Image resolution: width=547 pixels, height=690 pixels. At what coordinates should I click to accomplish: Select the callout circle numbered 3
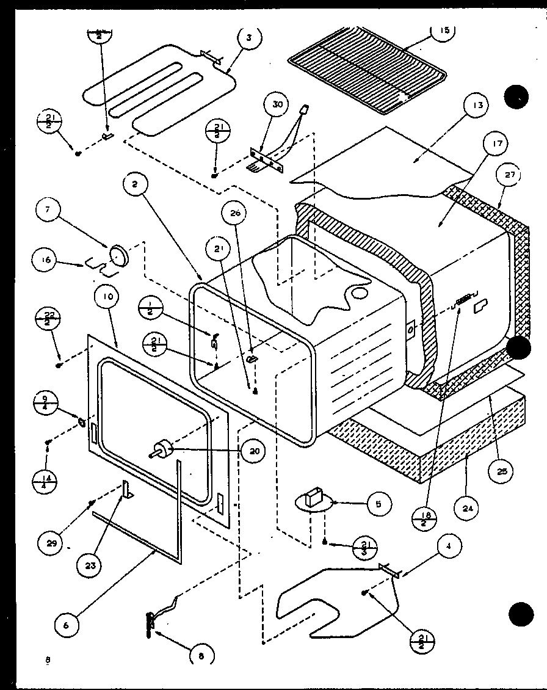[248, 38]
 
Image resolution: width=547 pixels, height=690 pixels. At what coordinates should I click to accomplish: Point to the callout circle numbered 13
[477, 106]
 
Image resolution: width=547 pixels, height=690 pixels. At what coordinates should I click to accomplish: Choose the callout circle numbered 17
[495, 145]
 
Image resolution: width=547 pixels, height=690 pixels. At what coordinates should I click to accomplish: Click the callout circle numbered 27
[510, 175]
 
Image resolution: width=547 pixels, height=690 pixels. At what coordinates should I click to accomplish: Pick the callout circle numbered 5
[379, 504]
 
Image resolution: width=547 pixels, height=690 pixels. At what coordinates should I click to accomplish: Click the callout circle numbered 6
[69, 624]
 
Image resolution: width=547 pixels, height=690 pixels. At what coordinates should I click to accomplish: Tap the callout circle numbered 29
[53, 543]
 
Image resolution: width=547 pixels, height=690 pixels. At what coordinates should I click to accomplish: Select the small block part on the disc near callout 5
[316, 496]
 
